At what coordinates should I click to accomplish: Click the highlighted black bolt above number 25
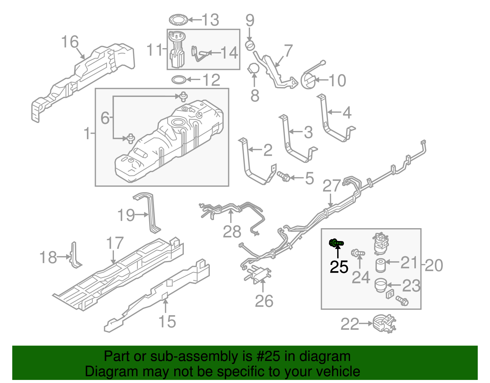click(x=336, y=243)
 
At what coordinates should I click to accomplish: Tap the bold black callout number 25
click(x=339, y=267)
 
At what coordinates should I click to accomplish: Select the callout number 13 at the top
click(x=211, y=20)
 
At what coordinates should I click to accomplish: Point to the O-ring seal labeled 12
click(x=179, y=80)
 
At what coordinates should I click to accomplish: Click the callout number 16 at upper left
click(x=70, y=42)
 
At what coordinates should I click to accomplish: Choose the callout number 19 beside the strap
click(x=126, y=215)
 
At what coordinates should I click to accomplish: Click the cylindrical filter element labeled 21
click(x=381, y=265)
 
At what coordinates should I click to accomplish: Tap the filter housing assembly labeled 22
click(x=384, y=324)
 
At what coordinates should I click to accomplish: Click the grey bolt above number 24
click(x=358, y=253)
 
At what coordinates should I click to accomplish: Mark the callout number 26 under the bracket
click(x=264, y=301)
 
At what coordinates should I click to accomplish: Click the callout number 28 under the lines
click(x=232, y=232)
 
